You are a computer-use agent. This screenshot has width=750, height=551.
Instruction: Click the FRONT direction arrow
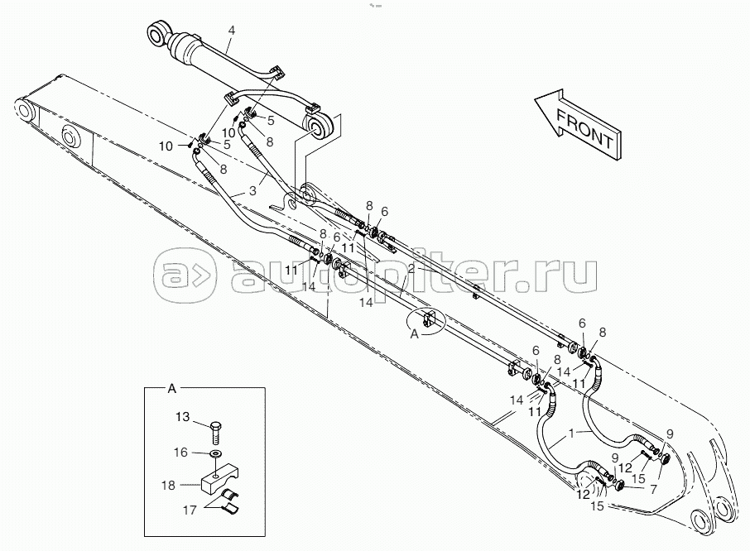pos(579,123)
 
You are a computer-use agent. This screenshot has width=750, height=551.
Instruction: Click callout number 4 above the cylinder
pos(231,31)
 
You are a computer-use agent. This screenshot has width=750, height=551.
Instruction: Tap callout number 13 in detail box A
pos(182,417)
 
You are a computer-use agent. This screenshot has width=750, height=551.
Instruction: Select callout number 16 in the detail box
pos(180,452)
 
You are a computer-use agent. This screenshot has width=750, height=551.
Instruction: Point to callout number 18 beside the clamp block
pos(168,486)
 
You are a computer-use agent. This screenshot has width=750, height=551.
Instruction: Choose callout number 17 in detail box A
pos(190,510)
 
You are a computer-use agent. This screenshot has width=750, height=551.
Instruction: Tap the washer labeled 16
pos(216,453)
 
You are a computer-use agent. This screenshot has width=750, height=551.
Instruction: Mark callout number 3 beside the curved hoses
pos(252,191)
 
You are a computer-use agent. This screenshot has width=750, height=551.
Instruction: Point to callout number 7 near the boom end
pos(653,489)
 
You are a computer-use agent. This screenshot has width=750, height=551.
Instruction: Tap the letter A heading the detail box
pos(171,389)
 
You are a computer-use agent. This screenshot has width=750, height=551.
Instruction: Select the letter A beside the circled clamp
pos(414,334)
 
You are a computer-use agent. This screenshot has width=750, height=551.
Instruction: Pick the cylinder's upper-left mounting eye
pos(158,34)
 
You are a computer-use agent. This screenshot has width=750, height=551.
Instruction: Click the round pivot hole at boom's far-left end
pos(25,113)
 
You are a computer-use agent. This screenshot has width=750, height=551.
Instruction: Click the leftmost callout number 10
pos(166,146)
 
